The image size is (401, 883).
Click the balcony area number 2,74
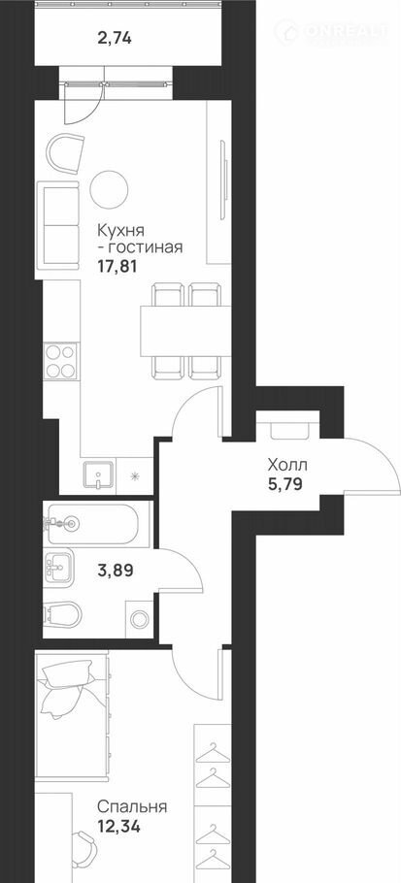click(x=115, y=38)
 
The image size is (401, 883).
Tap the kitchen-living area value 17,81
click(x=117, y=265)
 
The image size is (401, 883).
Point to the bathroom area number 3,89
click(x=115, y=571)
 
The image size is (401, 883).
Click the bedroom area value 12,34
click(x=117, y=827)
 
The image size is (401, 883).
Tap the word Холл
click(x=287, y=465)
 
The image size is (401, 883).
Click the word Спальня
click(x=132, y=807)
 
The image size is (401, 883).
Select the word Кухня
click(x=121, y=230)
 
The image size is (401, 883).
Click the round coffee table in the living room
click(x=110, y=189)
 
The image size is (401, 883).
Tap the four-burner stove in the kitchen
click(x=61, y=362)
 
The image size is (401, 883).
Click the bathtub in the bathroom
click(x=93, y=524)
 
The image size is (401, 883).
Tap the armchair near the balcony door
click(x=65, y=152)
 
